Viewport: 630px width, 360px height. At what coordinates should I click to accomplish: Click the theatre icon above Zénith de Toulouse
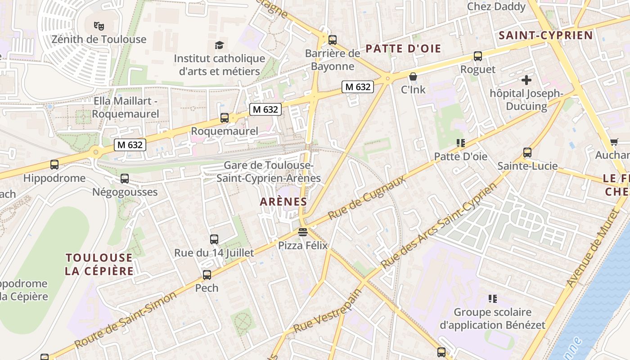tap(99, 26)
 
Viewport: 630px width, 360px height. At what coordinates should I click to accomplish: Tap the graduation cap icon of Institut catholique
tap(219, 45)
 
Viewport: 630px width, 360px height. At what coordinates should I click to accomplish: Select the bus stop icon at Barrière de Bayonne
tap(333, 40)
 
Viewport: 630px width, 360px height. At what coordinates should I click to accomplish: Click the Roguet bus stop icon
tap(478, 56)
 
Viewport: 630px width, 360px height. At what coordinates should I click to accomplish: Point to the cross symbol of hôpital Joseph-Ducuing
tap(526, 80)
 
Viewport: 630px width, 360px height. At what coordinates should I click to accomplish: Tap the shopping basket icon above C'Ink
tap(413, 76)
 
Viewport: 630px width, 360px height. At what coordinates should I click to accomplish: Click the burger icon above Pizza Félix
tap(302, 233)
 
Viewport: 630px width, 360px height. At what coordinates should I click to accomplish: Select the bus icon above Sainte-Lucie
tap(527, 153)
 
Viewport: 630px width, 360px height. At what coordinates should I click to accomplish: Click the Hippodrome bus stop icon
tap(54, 165)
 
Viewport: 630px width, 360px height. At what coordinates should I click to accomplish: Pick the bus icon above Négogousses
tap(125, 179)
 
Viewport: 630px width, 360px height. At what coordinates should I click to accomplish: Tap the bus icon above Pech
tap(207, 274)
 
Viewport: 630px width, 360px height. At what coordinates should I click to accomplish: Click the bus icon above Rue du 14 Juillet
tap(214, 239)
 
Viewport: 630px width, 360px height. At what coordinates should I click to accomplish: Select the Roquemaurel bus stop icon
tap(225, 118)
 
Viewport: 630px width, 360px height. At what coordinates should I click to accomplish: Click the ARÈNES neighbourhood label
tap(283, 202)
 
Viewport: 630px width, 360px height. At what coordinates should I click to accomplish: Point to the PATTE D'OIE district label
tap(403, 49)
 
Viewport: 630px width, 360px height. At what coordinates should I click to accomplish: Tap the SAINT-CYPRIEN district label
tap(546, 35)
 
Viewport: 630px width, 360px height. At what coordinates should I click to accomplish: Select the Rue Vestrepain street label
tap(328, 311)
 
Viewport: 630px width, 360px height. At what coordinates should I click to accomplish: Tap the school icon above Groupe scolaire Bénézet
tap(492, 299)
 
